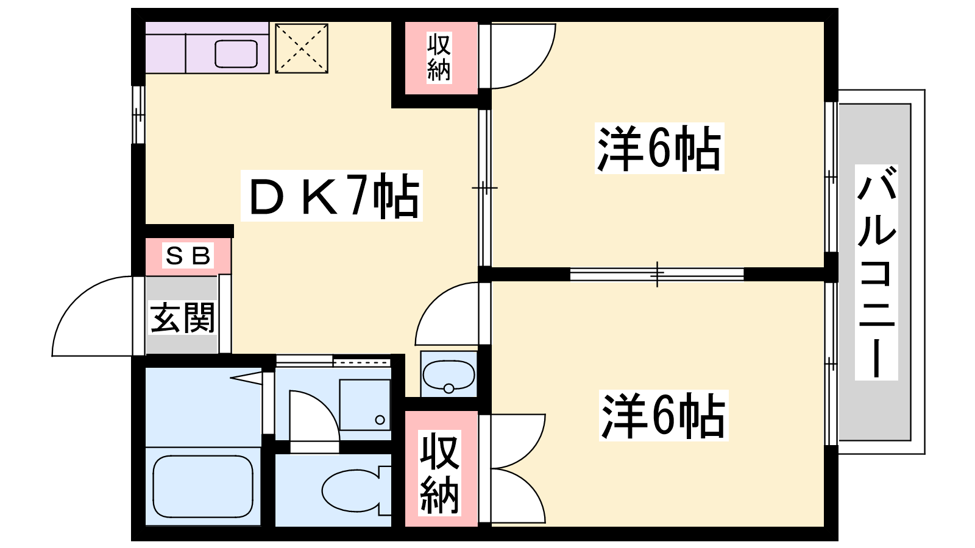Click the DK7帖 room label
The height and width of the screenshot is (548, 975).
click(x=332, y=195)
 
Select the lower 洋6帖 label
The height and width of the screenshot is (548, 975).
click(x=664, y=416)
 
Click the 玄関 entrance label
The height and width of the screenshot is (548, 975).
click(x=182, y=317)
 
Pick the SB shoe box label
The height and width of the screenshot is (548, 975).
click(x=188, y=256)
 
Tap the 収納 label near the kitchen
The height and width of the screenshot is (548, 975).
click(x=439, y=57)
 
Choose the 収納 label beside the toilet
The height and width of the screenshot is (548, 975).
click(x=439, y=472)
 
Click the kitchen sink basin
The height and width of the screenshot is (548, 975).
click(x=236, y=54)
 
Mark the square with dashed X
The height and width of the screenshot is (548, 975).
click(x=302, y=49)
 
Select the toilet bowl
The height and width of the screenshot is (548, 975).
click(x=350, y=491)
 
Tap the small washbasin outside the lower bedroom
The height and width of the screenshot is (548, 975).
click(x=448, y=375)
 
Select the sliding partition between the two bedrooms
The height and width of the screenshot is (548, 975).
click(x=657, y=274)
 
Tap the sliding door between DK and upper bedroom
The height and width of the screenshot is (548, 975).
click(x=484, y=188)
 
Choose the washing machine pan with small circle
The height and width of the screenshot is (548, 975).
click(x=364, y=405)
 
